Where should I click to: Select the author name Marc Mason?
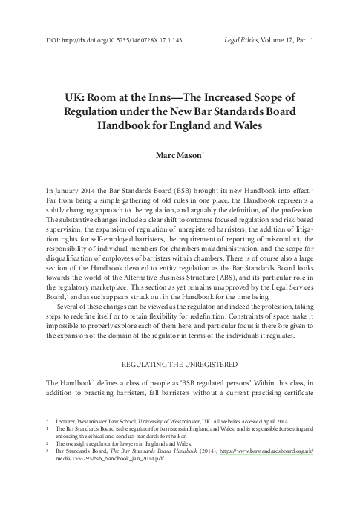(x=180, y=157)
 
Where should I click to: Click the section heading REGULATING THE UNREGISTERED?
(x=180, y=365)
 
